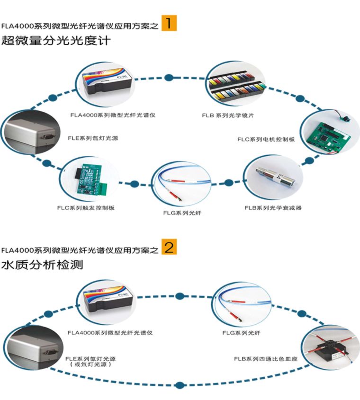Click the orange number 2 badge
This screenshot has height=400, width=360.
pyautogui.click(x=169, y=247)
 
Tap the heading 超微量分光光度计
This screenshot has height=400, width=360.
pyautogui.click(x=56, y=41)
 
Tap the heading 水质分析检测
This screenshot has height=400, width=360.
pyautogui.click(x=43, y=265)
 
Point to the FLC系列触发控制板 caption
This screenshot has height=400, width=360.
pyautogui.click(x=86, y=208)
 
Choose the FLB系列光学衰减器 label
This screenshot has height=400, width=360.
pyautogui.click(x=273, y=208)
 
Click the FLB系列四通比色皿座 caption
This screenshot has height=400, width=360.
pyautogui.click(x=262, y=359)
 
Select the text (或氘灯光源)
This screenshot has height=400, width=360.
pyautogui.click(x=90, y=365)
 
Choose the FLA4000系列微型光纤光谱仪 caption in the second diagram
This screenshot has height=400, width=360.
pyautogui.click(x=110, y=333)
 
